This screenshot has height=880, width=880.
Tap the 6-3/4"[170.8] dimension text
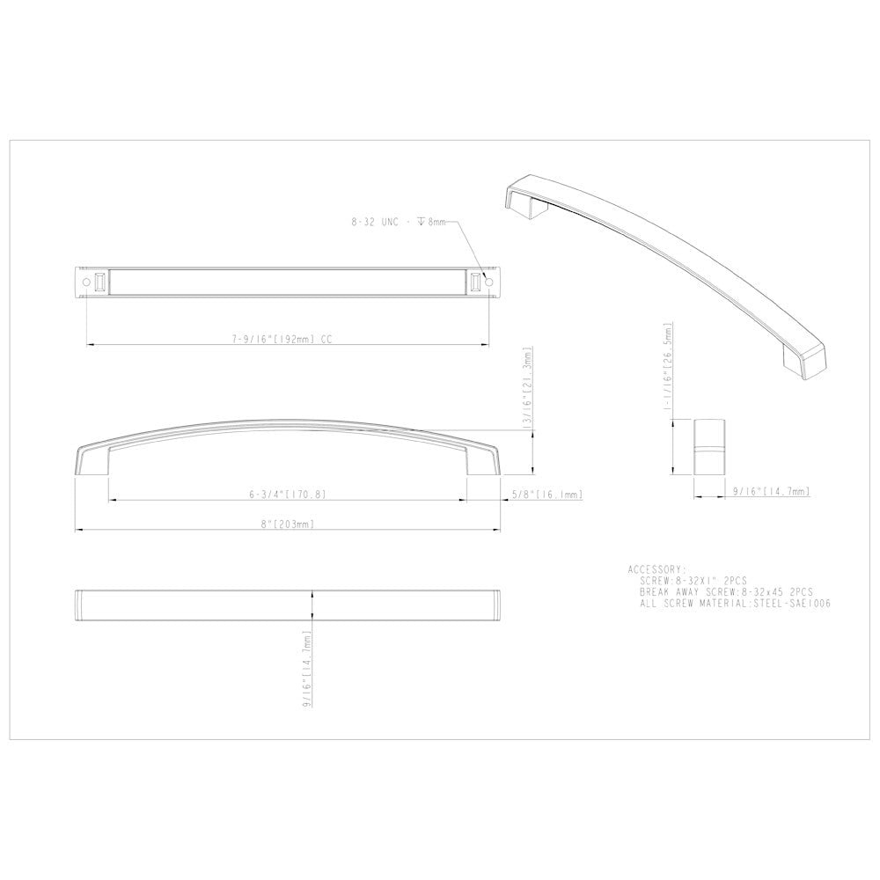[287, 495]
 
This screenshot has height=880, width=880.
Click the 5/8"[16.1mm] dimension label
[546, 495]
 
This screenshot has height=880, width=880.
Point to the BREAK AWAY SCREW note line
[726, 593]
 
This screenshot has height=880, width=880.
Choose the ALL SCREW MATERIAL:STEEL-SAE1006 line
[736, 605]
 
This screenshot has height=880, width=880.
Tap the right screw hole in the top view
[490, 282]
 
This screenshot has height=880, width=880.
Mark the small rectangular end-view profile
[708, 450]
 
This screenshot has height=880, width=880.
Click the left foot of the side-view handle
[92, 461]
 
